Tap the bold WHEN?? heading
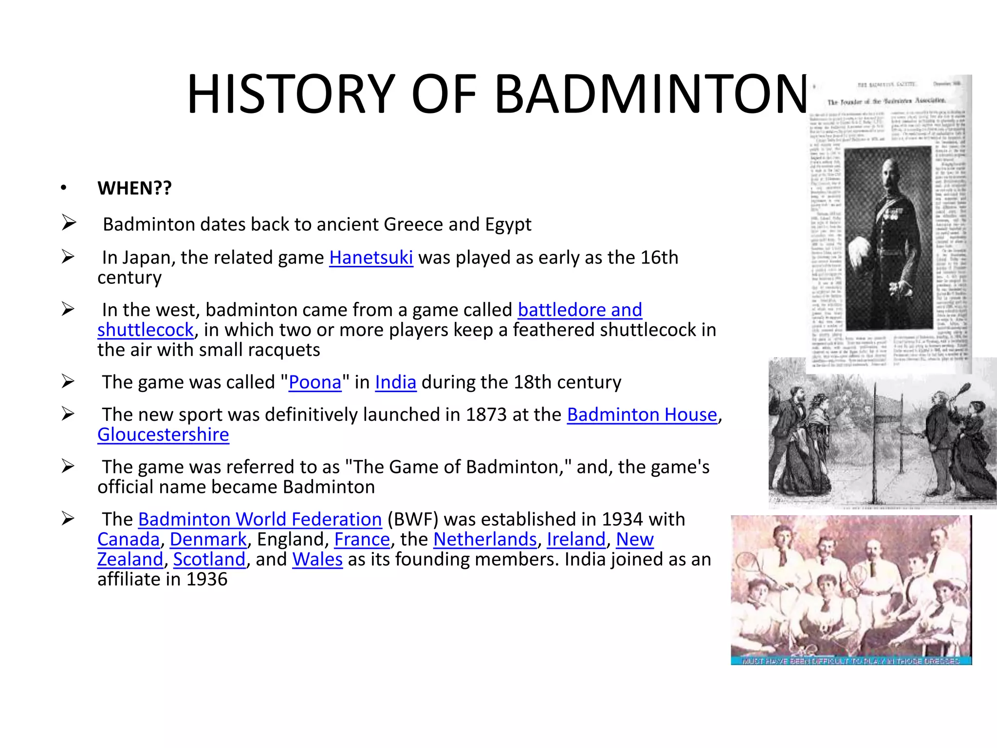click(x=134, y=188)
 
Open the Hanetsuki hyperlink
click(x=371, y=257)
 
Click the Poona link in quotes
click(x=315, y=382)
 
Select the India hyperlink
click(x=395, y=382)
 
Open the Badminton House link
click(x=642, y=414)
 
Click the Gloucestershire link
click(x=163, y=434)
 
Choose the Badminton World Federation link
click(x=260, y=519)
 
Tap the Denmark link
click(x=208, y=539)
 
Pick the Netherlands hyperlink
click(x=485, y=539)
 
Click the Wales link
click(x=317, y=559)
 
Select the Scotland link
click(x=209, y=559)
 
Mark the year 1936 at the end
click(x=207, y=579)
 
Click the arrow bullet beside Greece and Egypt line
click(x=69, y=224)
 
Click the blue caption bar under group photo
click(x=850, y=661)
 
